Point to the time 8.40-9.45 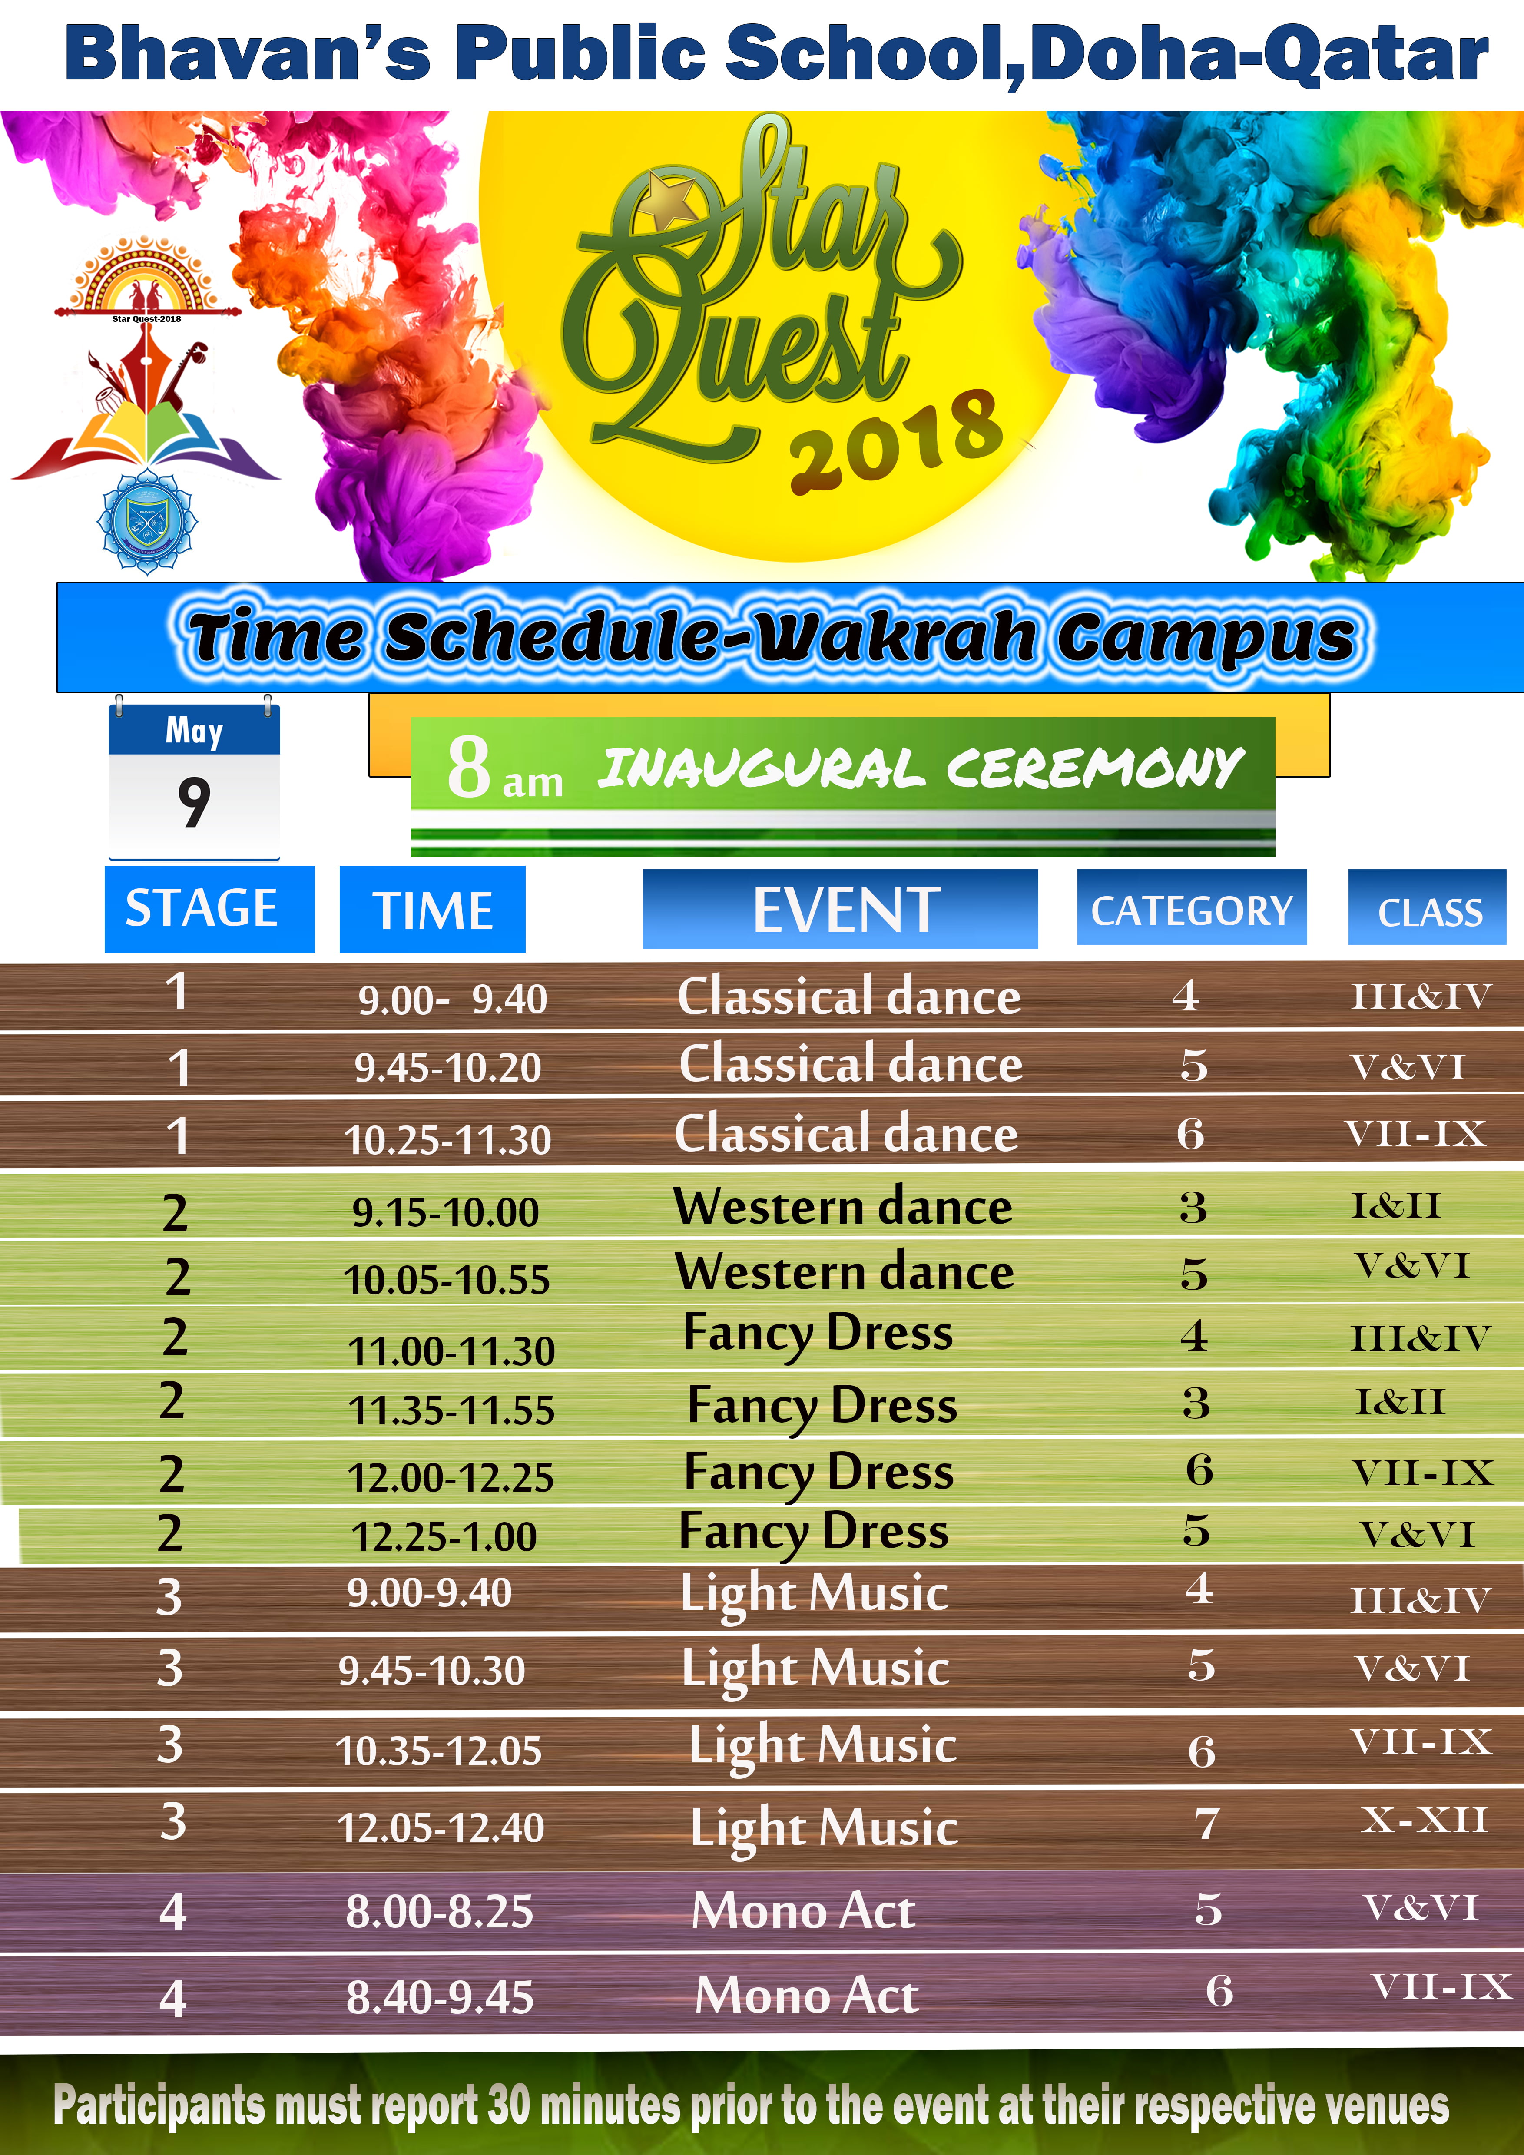click(x=440, y=1997)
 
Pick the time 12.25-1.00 click(x=444, y=1536)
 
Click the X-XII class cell click(x=1425, y=1820)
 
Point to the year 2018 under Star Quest click(x=896, y=441)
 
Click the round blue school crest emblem click(x=147, y=523)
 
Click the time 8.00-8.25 click(x=439, y=1912)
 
